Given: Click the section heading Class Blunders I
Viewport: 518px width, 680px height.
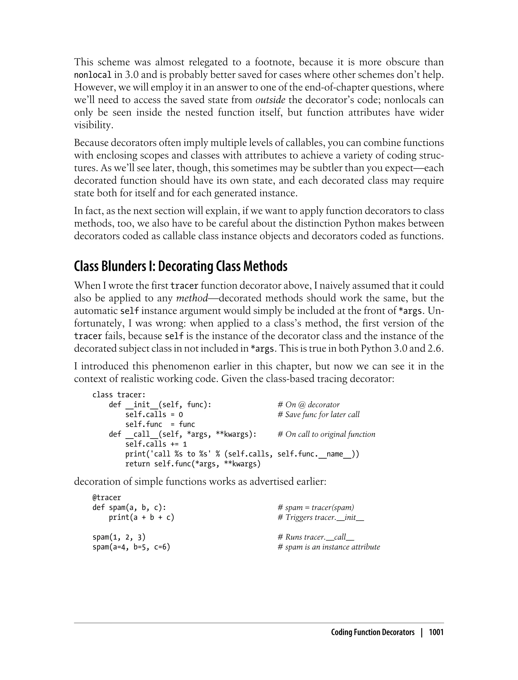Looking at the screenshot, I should pos(180,266).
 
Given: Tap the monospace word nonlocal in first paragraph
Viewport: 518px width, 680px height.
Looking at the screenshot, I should pos(93,75).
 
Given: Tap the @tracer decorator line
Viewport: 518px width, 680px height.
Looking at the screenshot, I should pos(107,497).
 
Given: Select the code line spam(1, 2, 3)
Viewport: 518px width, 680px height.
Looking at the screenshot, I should pos(119,537).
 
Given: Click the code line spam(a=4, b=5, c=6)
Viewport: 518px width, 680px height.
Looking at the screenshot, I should pos(131,547).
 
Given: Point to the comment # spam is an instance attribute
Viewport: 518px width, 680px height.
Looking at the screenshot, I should pos(329,547).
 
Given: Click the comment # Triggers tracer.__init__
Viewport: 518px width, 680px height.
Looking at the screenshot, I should pos(321,517).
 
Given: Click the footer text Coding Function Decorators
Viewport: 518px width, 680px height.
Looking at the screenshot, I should pos(373,632).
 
